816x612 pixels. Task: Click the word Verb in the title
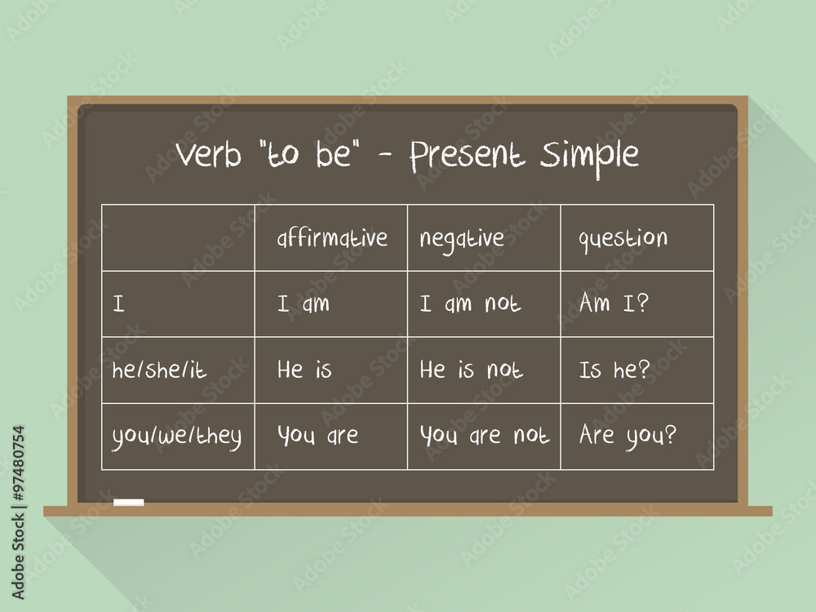coord(208,154)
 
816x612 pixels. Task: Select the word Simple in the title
coord(590,155)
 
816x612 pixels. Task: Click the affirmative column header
coord(331,239)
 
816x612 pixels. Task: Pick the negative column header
coord(462,239)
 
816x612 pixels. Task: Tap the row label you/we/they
coord(176,437)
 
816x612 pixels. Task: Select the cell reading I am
coord(304,304)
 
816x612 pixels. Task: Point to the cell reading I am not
coord(470,304)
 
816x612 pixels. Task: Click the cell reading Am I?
coord(613,304)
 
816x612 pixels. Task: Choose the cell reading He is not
coord(471,370)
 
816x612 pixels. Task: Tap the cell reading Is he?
coord(614,370)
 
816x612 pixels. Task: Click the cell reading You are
coord(317,436)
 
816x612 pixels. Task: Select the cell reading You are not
coord(484,436)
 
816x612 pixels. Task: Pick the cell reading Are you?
coord(628,436)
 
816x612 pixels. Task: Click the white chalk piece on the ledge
coord(128,502)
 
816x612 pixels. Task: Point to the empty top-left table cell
coord(178,238)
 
